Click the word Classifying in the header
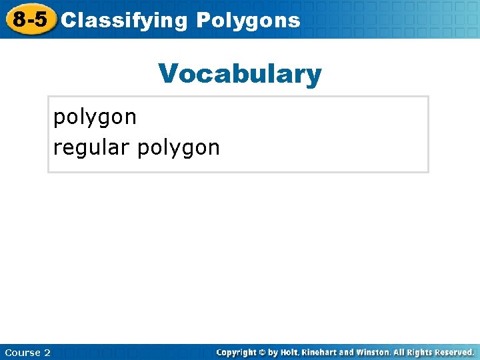click(124, 21)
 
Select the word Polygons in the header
click(248, 21)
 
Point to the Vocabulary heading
click(240, 74)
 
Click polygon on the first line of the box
click(95, 118)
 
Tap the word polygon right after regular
click(178, 148)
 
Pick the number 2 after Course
click(47, 353)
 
